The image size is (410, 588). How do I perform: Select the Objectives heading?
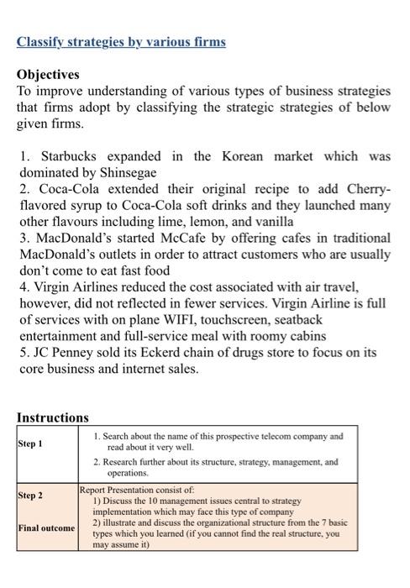point(49,75)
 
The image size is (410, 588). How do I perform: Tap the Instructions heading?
point(53,417)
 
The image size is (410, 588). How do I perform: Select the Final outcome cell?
point(46,528)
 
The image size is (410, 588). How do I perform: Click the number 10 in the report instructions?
point(145,500)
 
